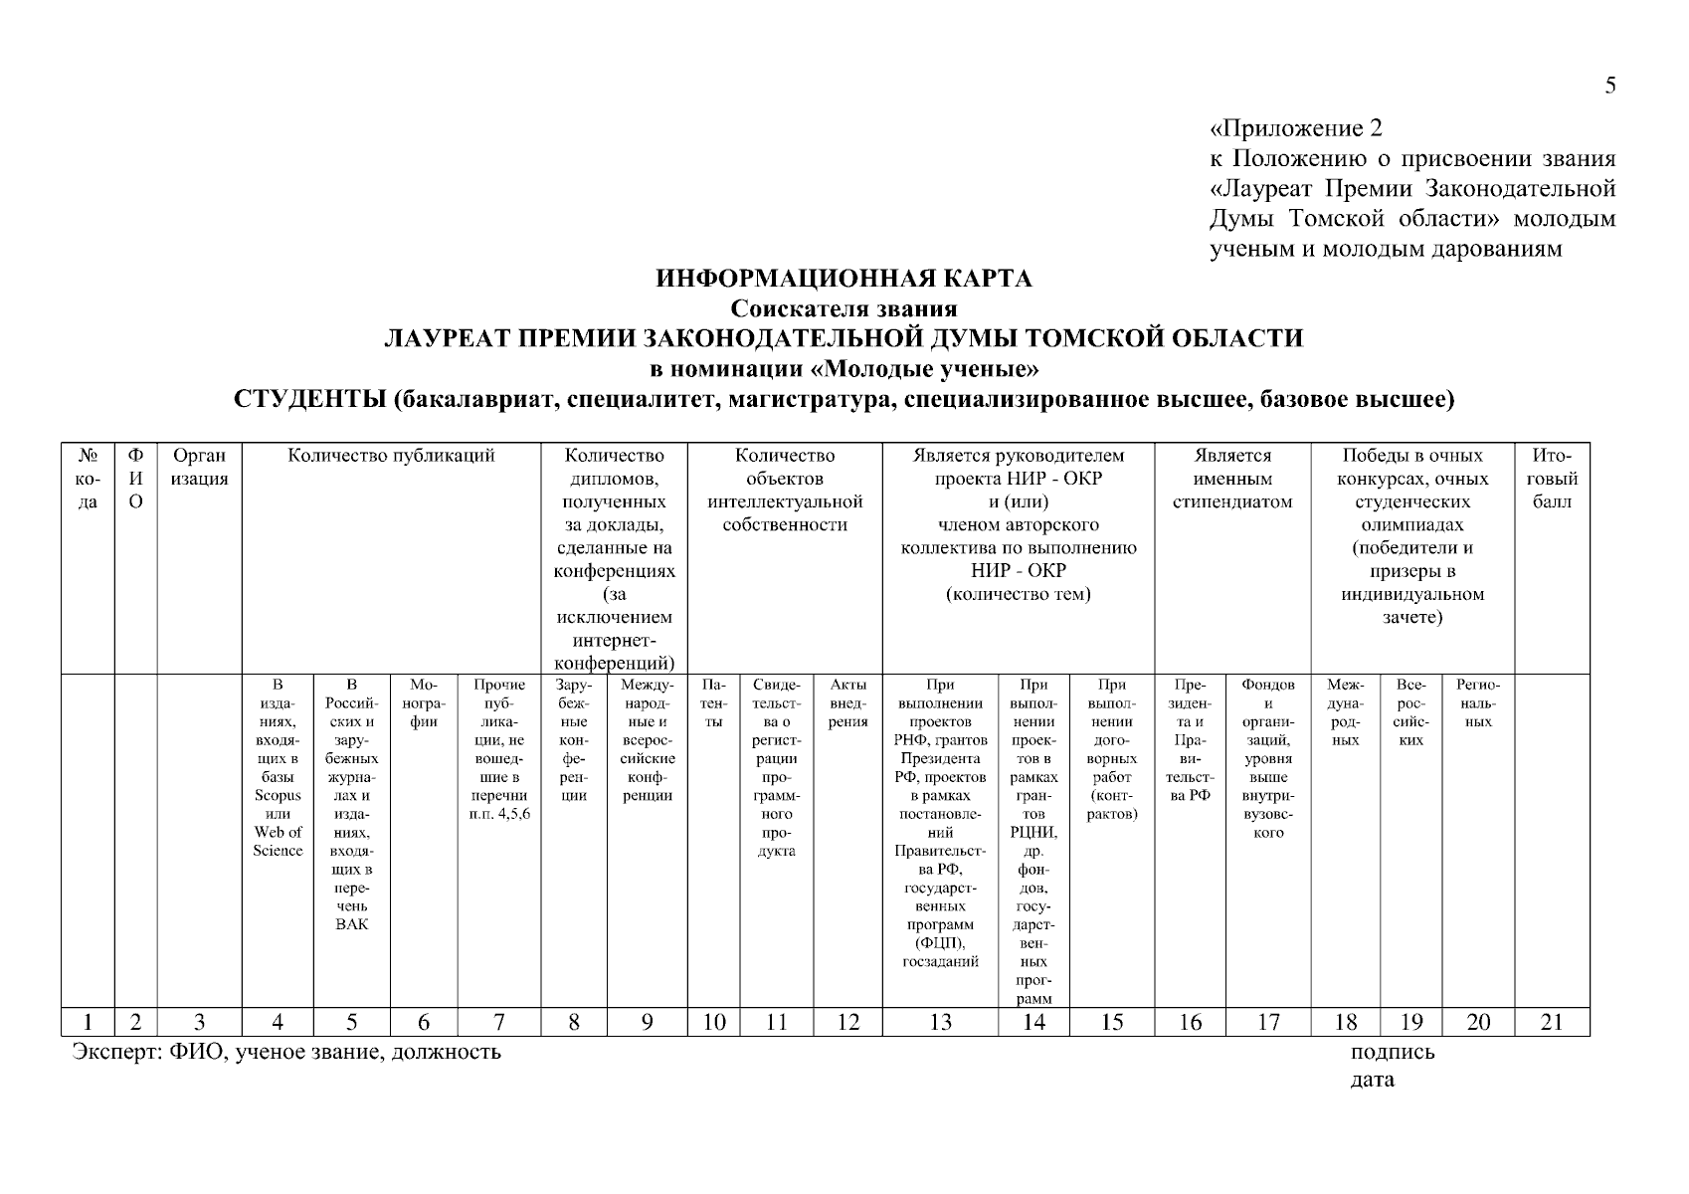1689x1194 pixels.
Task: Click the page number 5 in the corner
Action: (1609, 86)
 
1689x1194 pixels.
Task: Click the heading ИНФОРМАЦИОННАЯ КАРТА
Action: (844, 279)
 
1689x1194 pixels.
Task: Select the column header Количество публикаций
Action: (391, 457)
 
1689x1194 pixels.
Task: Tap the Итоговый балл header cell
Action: (1552, 479)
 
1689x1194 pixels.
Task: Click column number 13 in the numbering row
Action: (940, 1022)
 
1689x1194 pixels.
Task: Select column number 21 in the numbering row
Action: (1552, 1022)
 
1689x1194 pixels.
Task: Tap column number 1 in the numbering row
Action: (88, 1022)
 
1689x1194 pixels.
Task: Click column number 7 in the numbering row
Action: (498, 1022)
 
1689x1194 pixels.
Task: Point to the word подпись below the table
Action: (1392, 1053)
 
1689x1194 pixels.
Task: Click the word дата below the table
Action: (1372, 1081)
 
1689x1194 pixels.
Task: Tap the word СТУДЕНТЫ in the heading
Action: (308, 400)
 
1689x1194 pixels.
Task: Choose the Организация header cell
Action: (200, 468)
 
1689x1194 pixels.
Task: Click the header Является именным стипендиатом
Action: (1232, 479)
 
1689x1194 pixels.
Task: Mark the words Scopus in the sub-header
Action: (278, 795)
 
